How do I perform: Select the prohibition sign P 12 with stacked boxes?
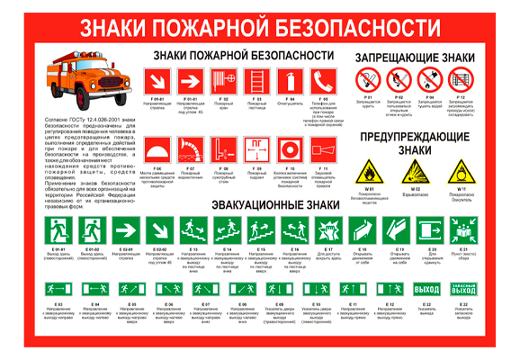[461, 82]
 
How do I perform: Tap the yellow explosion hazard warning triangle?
[415, 172]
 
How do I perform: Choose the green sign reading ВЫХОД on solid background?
[426, 289]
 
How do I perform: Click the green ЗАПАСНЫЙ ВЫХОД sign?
[462, 289]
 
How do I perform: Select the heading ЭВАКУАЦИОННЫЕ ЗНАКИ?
[266, 205]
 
